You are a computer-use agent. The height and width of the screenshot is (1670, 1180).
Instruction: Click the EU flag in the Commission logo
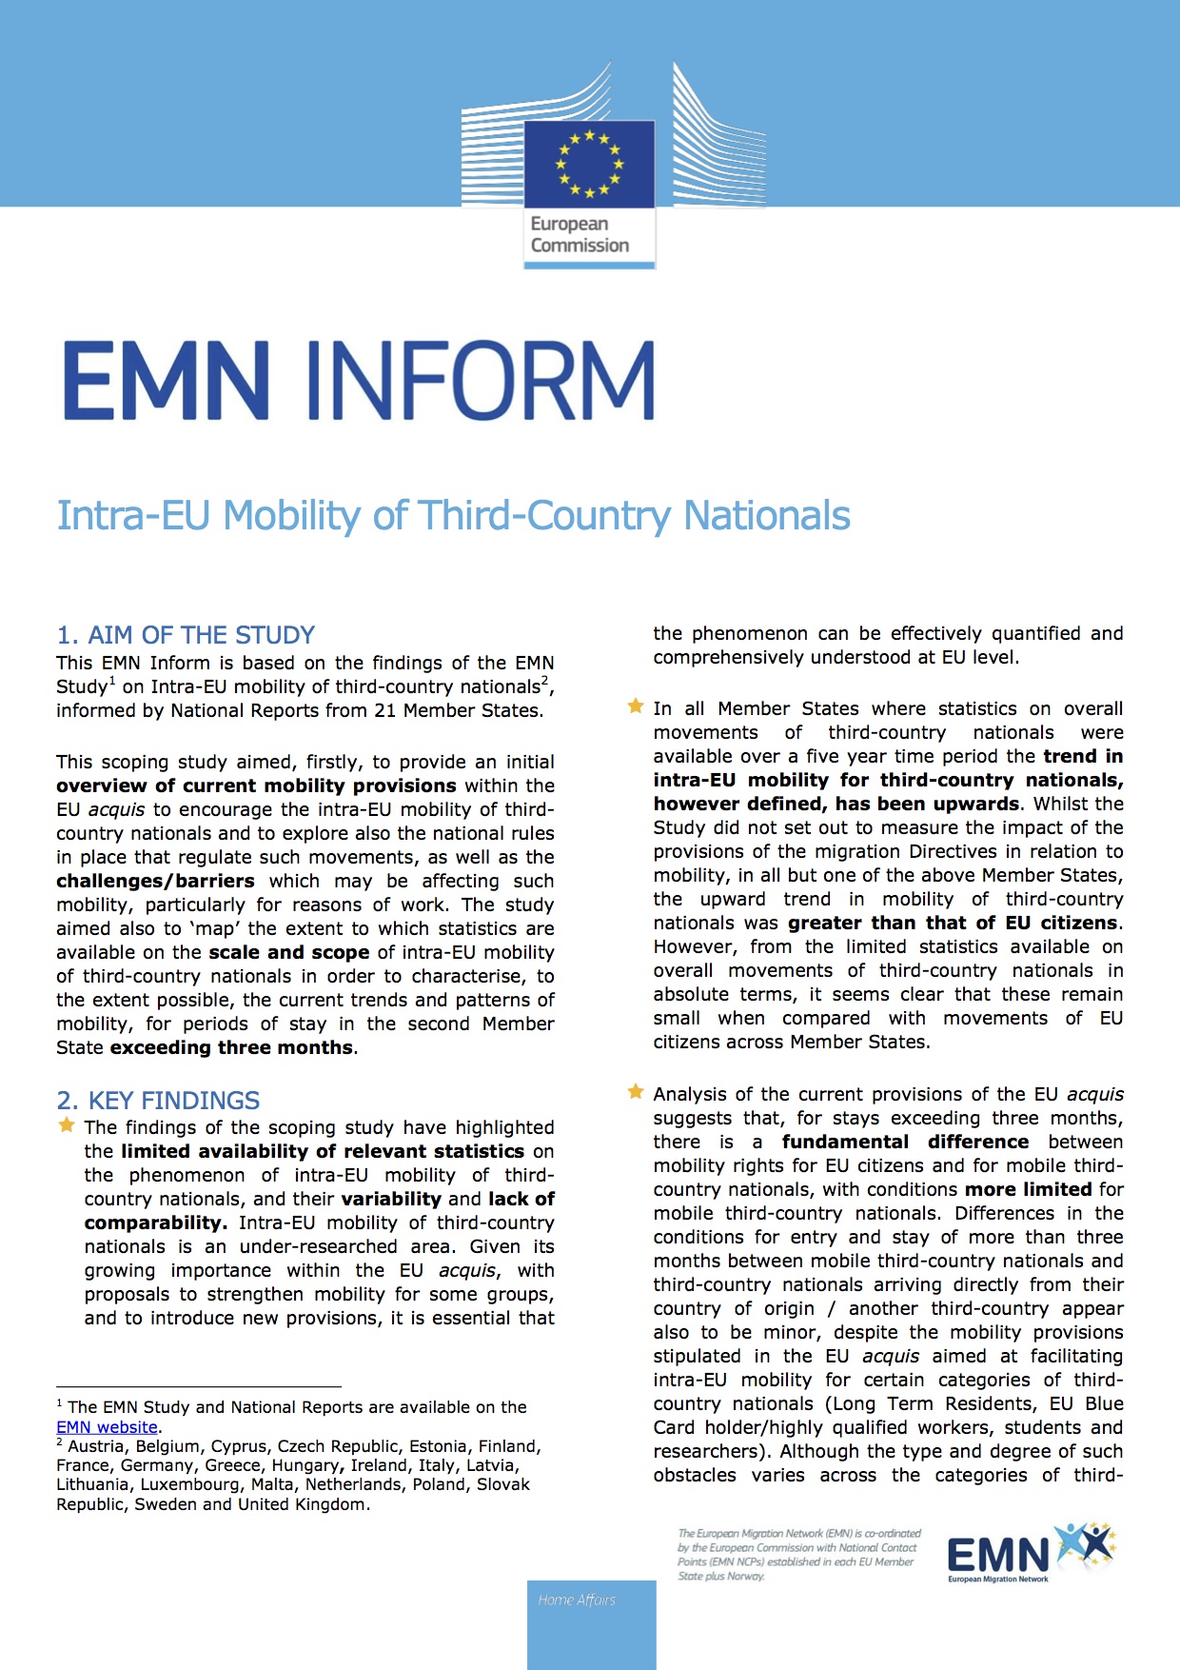[x=589, y=164]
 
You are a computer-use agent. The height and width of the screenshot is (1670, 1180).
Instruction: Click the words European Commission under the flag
[x=580, y=234]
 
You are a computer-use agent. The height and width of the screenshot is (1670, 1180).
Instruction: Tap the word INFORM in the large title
[x=482, y=380]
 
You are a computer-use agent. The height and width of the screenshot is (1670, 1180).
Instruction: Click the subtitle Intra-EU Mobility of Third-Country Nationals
[x=453, y=515]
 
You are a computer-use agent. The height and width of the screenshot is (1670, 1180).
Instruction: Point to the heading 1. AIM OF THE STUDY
[x=186, y=635]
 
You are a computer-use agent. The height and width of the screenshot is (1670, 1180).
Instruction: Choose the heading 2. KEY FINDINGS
[x=158, y=1101]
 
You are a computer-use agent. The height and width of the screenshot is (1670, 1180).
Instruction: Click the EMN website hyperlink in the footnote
[x=107, y=1427]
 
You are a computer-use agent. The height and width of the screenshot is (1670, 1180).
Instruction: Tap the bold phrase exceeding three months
[x=232, y=1047]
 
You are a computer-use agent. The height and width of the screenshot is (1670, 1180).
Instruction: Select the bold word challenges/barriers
[x=155, y=881]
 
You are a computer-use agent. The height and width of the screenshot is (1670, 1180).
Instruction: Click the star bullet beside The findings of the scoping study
[x=67, y=1125]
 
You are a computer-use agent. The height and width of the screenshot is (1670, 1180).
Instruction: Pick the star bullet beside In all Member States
[x=636, y=706]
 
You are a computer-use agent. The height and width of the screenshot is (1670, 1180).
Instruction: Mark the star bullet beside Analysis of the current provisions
[x=636, y=1092]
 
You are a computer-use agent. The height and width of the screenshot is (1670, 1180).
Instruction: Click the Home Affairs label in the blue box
[x=577, y=1600]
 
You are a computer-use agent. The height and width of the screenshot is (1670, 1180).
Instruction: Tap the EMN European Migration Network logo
[x=1031, y=1553]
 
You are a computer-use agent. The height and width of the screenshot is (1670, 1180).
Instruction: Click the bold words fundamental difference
[x=905, y=1142]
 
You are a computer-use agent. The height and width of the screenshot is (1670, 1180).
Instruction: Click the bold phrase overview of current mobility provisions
[x=256, y=785]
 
